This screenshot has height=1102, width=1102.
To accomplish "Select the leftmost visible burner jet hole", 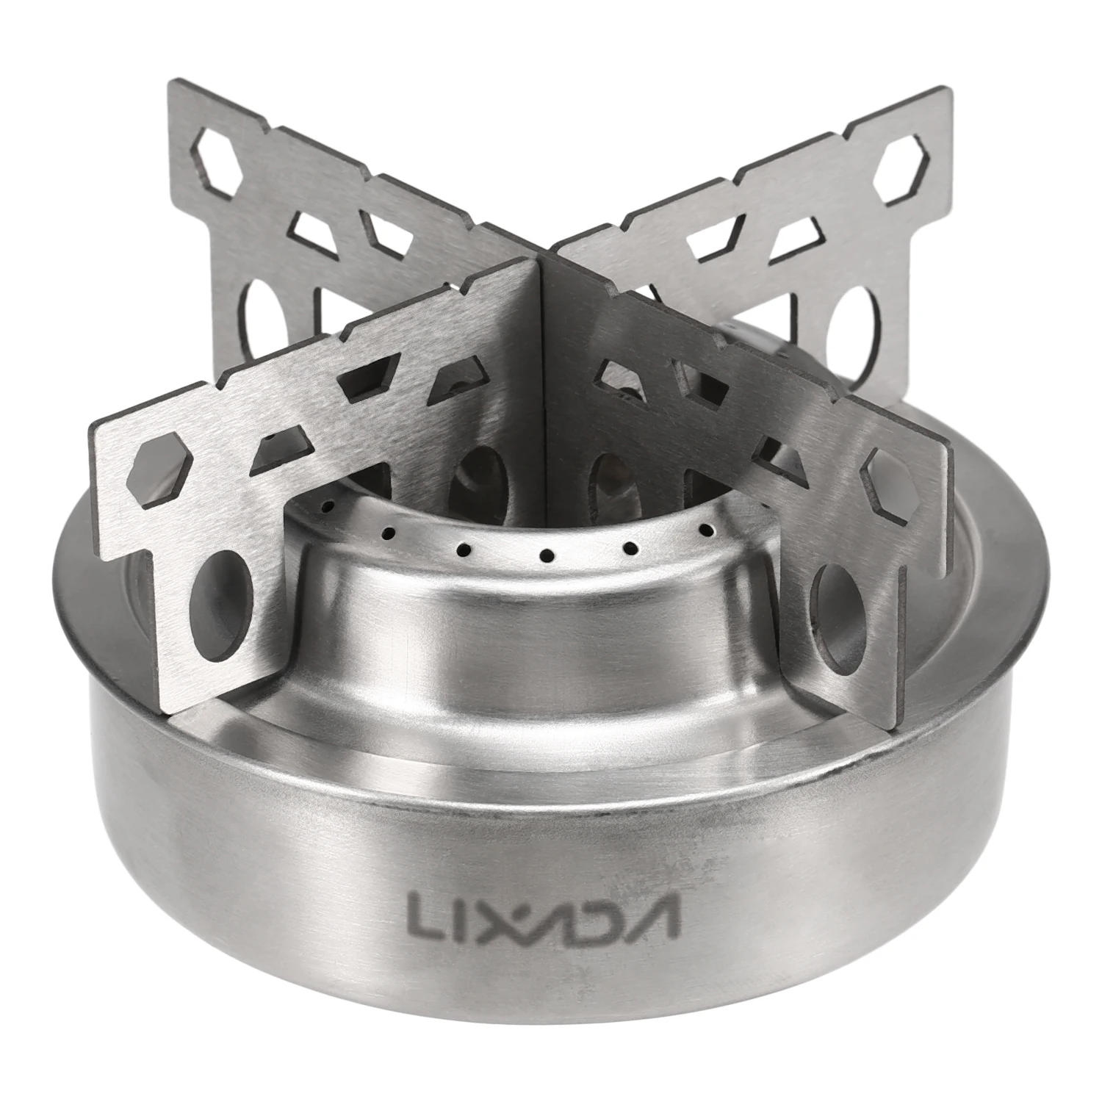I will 329,506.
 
